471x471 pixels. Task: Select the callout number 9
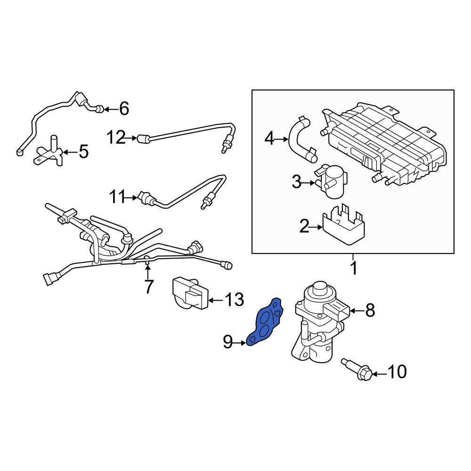pyautogui.click(x=227, y=342)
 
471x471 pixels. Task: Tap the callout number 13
pyautogui.click(x=234, y=300)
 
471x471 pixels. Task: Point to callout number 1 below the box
pyautogui.click(x=354, y=268)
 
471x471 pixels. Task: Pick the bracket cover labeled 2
pyautogui.click(x=344, y=225)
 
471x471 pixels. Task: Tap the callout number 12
pyautogui.click(x=116, y=138)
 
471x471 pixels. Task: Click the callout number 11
pyautogui.click(x=117, y=198)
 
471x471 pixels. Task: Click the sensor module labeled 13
pyautogui.click(x=189, y=293)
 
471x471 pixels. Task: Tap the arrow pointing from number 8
pyautogui.click(x=357, y=310)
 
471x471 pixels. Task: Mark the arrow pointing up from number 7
pyautogui.click(x=147, y=270)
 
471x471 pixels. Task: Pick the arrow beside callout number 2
pyautogui.click(x=316, y=227)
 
